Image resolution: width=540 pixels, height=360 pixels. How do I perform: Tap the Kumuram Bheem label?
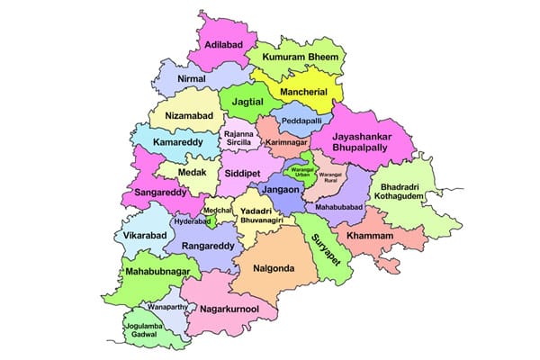click(x=300, y=57)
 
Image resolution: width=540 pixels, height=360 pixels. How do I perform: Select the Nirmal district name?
click(x=192, y=79)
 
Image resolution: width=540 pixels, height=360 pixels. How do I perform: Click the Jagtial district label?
click(x=247, y=103)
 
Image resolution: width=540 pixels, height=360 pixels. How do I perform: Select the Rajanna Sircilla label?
click(x=239, y=141)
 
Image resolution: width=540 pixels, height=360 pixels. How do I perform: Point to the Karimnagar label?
click(x=288, y=142)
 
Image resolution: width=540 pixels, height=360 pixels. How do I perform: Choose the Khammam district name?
click(x=364, y=235)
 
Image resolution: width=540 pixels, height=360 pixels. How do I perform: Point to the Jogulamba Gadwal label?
click(x=146, y=328)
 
